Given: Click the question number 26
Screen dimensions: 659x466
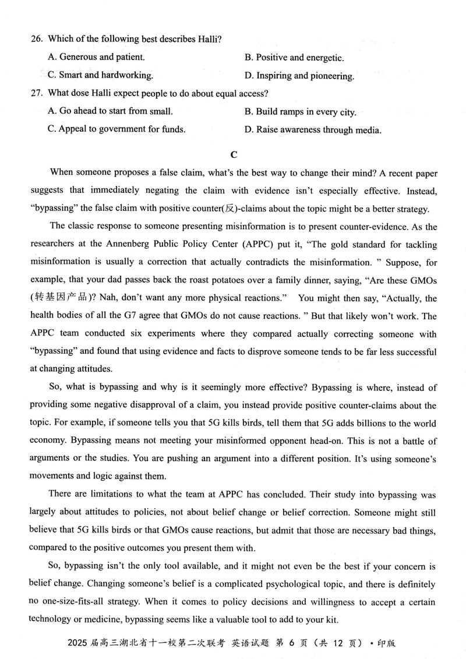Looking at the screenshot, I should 36,39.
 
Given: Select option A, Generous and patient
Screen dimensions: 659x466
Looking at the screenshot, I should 96,57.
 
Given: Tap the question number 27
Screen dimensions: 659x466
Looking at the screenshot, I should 36,93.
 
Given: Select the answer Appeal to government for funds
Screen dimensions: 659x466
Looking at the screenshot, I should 116,129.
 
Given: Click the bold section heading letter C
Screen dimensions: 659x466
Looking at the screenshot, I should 234,154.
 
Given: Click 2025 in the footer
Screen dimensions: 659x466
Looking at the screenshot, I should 77,643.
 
